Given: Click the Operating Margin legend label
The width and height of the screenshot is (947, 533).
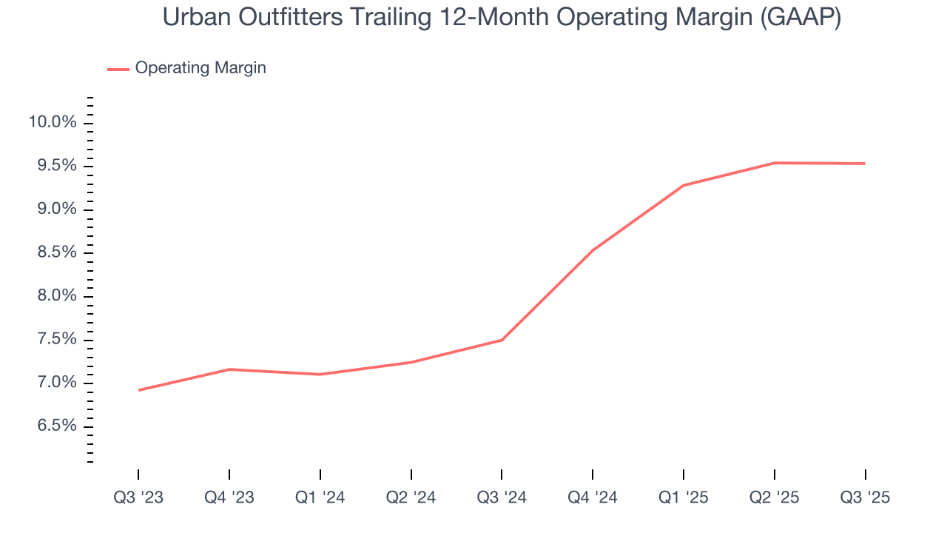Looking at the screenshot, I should point(200,68).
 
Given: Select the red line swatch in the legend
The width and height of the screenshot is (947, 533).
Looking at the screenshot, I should point(118,69).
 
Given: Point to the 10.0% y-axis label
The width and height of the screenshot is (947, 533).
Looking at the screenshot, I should point(53,122).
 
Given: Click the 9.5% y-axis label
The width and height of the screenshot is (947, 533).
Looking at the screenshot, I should point(55,166).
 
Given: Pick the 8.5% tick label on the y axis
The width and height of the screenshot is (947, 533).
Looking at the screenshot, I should point(55,252).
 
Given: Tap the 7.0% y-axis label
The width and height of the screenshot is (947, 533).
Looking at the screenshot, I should point(55,383).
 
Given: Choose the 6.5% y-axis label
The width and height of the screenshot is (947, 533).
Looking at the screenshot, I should point(55,426).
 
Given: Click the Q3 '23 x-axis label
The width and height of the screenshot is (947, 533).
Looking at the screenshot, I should point(138,497).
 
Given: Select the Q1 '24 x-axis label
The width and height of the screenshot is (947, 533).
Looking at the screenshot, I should point(320,497).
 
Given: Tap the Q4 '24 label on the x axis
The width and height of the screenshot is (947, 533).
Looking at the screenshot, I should point(593,497).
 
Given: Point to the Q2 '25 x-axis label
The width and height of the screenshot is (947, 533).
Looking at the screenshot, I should point(775,497).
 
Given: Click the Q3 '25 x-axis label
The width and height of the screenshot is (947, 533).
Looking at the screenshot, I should point(866,497).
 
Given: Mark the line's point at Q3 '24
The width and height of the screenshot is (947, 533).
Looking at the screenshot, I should point(502,340).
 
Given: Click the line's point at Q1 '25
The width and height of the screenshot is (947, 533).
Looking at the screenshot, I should point(684,185).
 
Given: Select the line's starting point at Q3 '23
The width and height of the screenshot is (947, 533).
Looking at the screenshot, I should point(138,390).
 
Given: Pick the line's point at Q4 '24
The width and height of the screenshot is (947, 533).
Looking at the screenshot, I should point(593,250).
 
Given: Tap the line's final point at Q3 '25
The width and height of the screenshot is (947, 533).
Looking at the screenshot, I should point(865,164).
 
